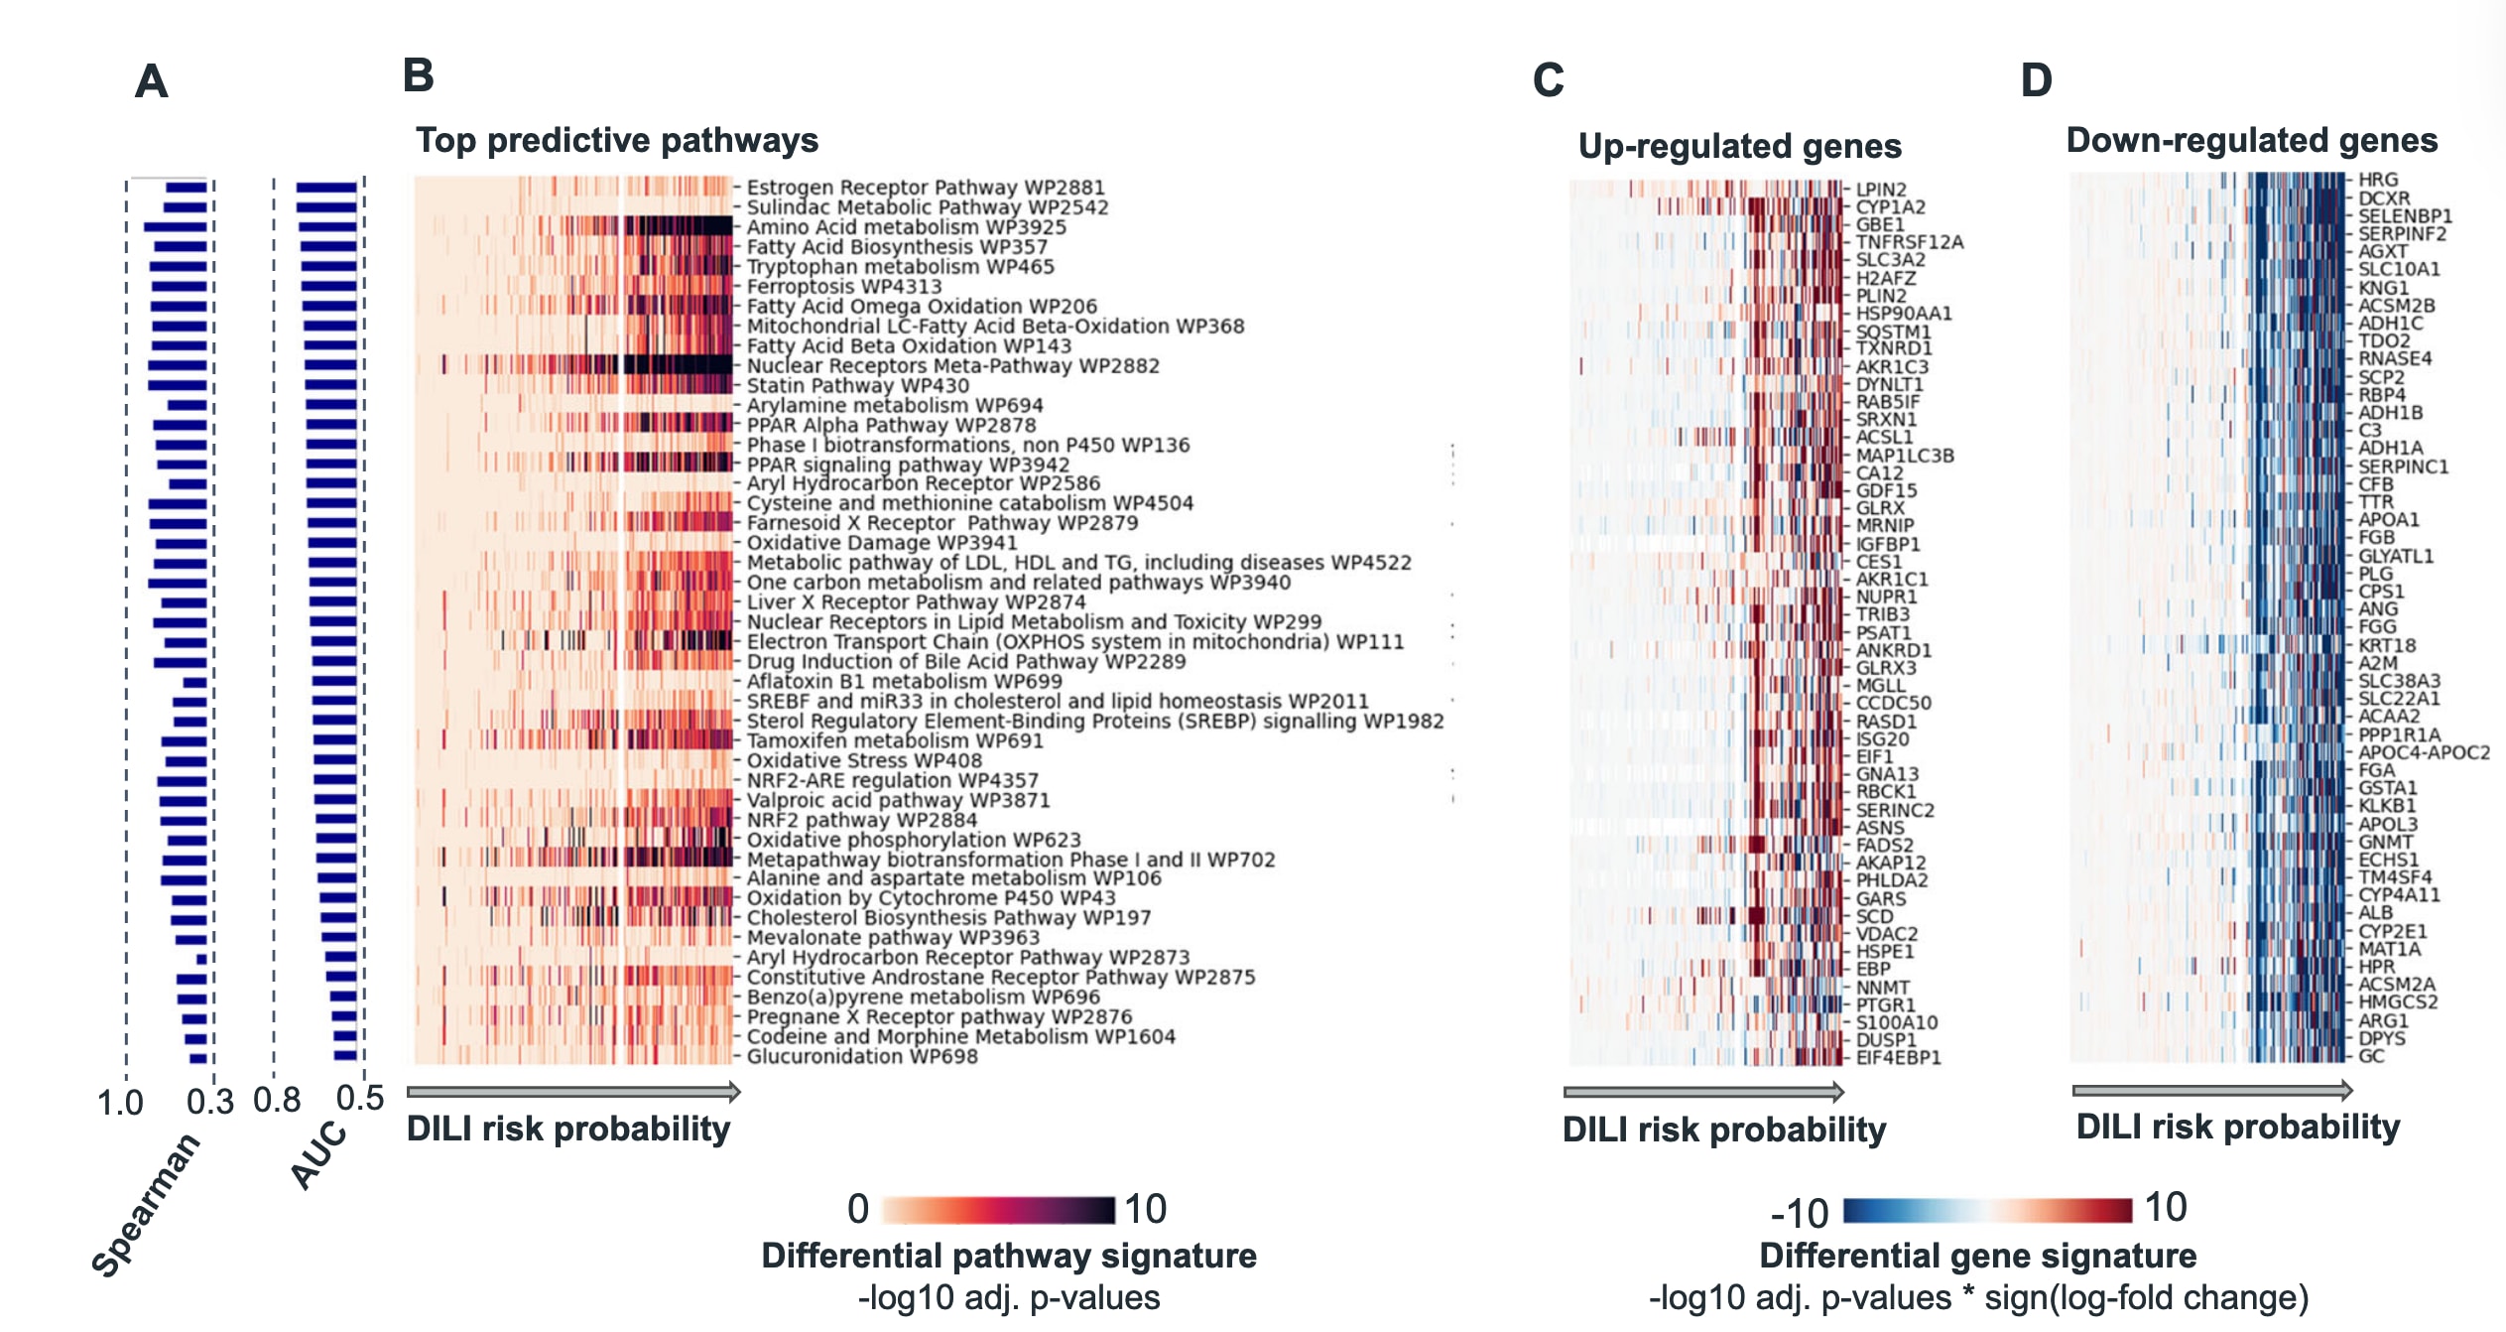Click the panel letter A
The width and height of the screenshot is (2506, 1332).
[151, 81]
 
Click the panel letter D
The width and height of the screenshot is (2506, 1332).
[2036, 79]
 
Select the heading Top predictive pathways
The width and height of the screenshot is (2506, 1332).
[616, 140]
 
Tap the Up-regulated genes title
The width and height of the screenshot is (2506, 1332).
[1739, 146]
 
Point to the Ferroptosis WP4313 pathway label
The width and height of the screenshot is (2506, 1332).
[843, 287]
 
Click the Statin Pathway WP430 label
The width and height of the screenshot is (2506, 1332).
[857, 385]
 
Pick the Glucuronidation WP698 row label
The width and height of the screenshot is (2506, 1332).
[861, 1056]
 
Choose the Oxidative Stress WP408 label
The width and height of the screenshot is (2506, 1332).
[863, 760]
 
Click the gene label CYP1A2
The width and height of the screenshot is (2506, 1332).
[1890, 207]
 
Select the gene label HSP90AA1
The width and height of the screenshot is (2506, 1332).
[1903, 314]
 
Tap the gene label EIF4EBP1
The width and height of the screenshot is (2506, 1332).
[1898, 1057]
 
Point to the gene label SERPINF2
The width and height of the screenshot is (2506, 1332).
[2402, 234]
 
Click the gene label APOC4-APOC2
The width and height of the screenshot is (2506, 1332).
[2424, 752]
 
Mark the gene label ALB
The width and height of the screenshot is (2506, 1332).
[2375, 913]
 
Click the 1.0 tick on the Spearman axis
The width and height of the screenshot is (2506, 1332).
[120, 1103]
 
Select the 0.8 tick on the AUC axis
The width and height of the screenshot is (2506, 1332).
[277, 1100]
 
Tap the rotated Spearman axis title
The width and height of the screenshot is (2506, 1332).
[145, 1204]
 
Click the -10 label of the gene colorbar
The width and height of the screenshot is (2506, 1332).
[1799, 1213]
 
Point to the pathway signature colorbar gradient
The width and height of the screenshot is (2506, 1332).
[997, 1209]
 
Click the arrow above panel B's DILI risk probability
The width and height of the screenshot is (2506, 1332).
[573, 1092]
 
